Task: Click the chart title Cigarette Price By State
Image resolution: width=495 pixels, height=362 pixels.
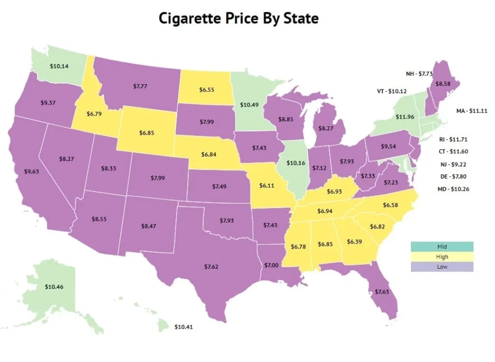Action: (238, 19)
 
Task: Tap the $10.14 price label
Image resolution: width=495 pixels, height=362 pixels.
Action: (59, 66)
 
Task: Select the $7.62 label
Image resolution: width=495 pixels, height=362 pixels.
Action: (211, 267)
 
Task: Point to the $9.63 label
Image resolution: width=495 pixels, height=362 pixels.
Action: (31, 171)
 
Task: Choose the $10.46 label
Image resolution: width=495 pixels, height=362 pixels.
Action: (54, 286)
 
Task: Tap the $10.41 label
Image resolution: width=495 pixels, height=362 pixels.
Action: (183, 327)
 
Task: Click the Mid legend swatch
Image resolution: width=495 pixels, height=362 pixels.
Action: (442, 247)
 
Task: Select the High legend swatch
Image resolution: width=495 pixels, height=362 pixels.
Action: (442, 257)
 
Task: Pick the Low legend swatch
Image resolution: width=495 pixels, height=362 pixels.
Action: (442, 267)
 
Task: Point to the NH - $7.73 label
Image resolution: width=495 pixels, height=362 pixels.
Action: (419, 74)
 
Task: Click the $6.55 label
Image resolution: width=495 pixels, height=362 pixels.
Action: (206, 89)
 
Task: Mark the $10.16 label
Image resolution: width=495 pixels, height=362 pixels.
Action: (296, 163)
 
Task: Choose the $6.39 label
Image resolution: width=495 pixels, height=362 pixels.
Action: (354, 242)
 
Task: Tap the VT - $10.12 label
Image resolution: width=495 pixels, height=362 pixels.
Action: (392, 91)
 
